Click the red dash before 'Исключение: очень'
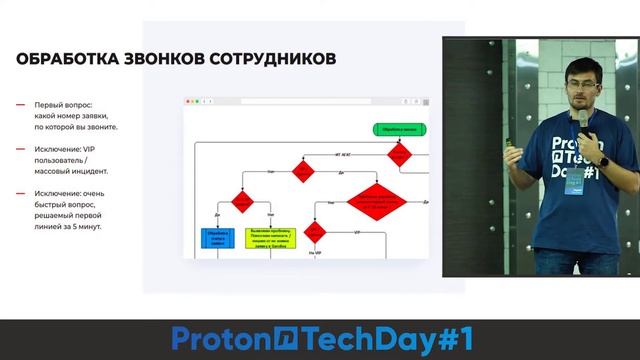21,194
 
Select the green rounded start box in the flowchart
398,129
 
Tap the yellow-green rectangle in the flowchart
270,238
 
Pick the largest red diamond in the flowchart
381,199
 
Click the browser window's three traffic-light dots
192,102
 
